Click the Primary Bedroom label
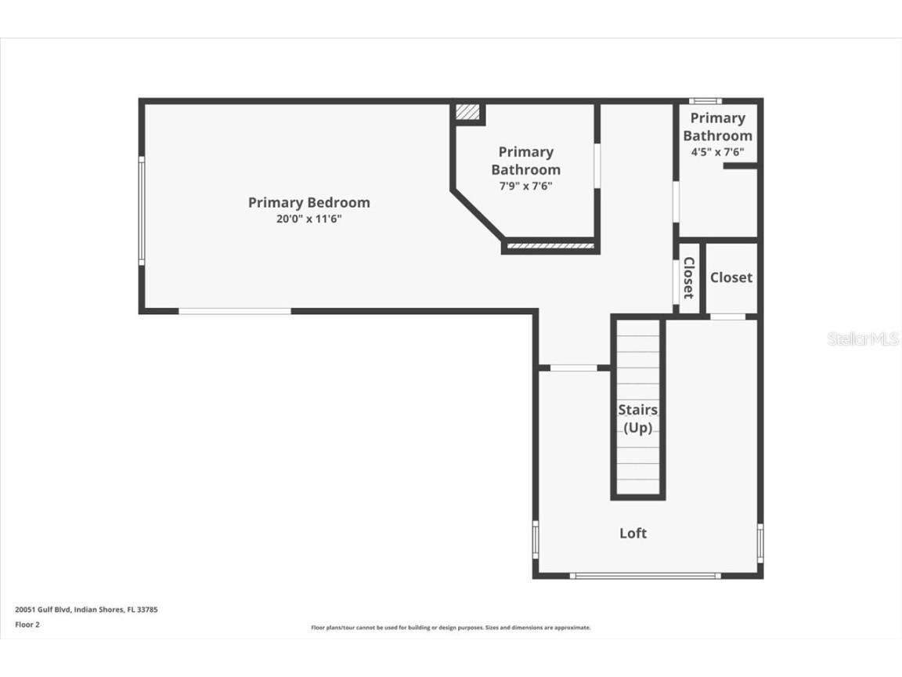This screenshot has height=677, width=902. click(x=309, y=203)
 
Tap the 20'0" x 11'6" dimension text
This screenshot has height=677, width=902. click(x=309, y=219)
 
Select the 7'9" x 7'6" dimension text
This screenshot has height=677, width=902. click(x=526, y=186)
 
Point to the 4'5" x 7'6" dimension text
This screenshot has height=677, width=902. click(x=717, y=152)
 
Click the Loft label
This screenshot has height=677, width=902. click(x=633, y=533)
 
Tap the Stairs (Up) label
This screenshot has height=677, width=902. click(x=638, y=418)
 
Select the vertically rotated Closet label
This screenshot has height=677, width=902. click(x=688, y=277)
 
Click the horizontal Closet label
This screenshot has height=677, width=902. click(x=731, y=277)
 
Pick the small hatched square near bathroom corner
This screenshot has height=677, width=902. click(x=467, y=112)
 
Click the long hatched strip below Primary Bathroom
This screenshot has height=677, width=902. click(x=550, y=246)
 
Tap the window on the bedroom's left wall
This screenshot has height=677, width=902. click(x=142, y=211)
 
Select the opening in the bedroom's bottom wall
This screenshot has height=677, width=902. click(x=235, y=311)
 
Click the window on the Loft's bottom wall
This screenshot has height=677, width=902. click(x=645, y=576)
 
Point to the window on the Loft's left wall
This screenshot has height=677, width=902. click(x=536, y=540)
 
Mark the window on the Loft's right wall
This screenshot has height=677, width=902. click(x=760, y=543)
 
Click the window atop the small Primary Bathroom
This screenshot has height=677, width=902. click(x=705, y=101)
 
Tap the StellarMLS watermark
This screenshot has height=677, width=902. click(x=862, y=338)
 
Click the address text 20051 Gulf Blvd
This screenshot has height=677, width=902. click(x=43, y=609)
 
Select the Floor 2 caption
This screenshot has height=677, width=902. click(x=27, y=625)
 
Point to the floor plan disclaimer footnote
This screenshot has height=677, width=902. click(x=451, y=628)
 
